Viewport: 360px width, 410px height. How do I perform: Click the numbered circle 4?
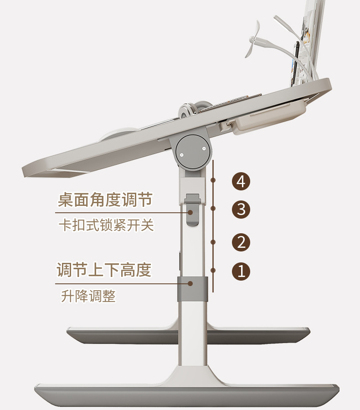(241, 181)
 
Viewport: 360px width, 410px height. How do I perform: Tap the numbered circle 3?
(241, 210)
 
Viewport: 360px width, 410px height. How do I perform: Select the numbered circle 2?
(241, 242)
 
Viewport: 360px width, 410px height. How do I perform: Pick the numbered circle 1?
(241, 272)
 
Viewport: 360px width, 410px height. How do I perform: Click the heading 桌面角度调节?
(105, 200)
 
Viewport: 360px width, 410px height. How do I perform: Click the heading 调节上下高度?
(104, 270)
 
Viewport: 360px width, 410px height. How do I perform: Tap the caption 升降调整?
(88, 296)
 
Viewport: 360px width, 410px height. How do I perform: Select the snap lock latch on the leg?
(193, 210)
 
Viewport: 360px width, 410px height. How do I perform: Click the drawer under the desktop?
(269, 117)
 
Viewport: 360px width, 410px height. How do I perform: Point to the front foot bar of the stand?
(187, 395)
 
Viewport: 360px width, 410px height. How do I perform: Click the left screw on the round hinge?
(182, 154)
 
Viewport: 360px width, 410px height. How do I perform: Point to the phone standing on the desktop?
(296, 61)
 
